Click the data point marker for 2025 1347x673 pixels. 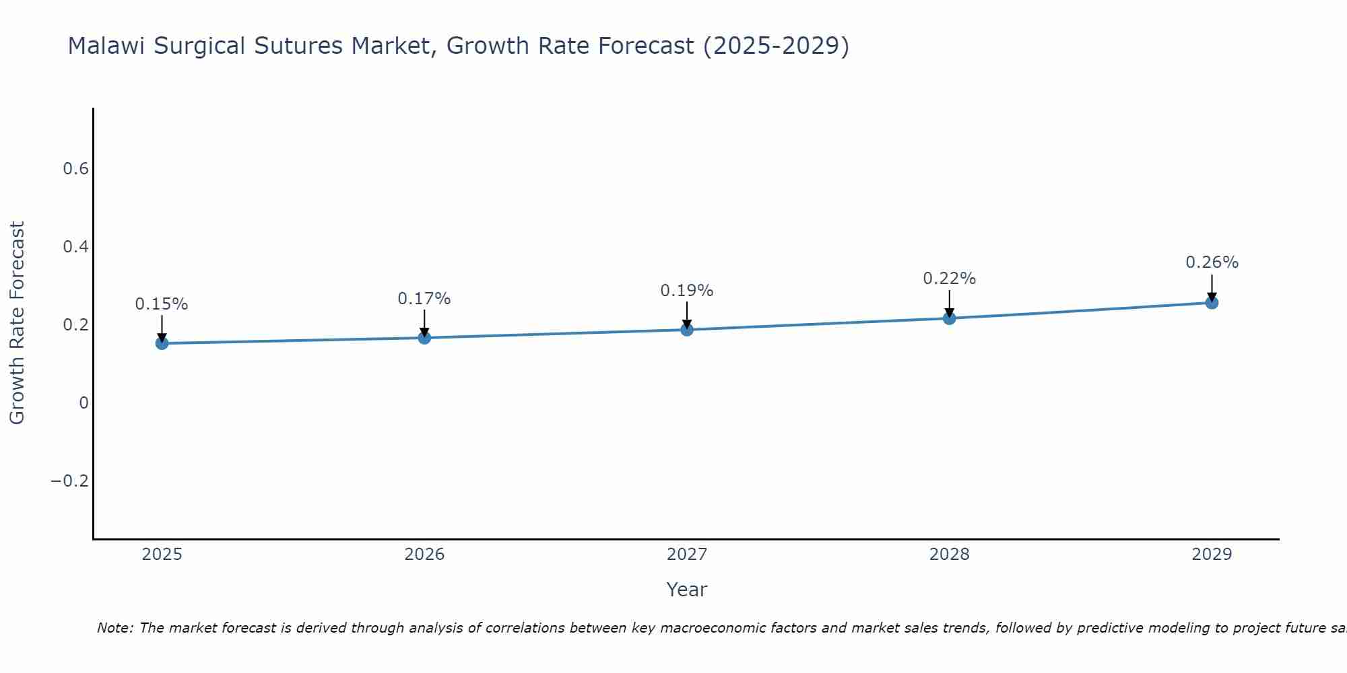point(162,343)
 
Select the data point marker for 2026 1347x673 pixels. point(424,337)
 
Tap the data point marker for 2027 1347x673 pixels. point(687,329)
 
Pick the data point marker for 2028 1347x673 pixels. point(949,318)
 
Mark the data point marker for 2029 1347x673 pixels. point(1212,302)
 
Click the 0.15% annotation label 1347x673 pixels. point(162,304)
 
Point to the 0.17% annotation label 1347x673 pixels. point(424,299)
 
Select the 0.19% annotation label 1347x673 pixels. point(687,291)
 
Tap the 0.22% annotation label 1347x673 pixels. point(949,279)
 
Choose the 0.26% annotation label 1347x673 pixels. point(1212,262)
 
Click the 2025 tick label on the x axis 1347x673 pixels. point(162,555)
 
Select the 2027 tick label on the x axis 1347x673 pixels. point(687,555)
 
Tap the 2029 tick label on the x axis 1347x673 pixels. point(1212,555)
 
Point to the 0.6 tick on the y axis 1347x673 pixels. point(75,169)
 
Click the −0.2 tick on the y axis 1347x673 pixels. point(69,481)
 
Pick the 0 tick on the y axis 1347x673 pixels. point(84,403)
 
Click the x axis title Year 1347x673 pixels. point(687,590)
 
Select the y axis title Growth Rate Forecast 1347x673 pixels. point(17,323)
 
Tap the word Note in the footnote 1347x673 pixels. point(114,628)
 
